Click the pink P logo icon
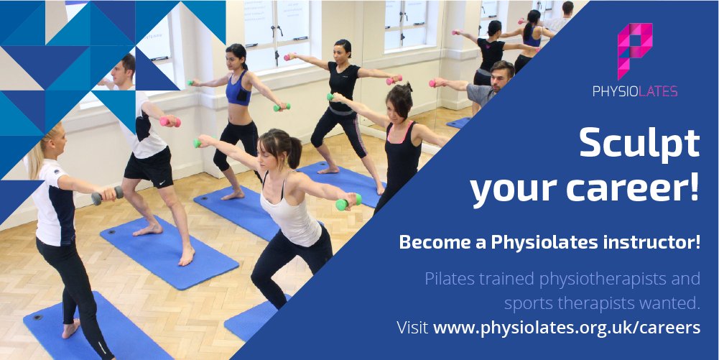[635, 50]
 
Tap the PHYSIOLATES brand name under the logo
[635, 91]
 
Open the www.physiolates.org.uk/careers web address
[567, 328]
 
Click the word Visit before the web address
[413, 328]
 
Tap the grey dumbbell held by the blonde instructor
[107, 195]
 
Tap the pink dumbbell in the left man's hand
[170, 122]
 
